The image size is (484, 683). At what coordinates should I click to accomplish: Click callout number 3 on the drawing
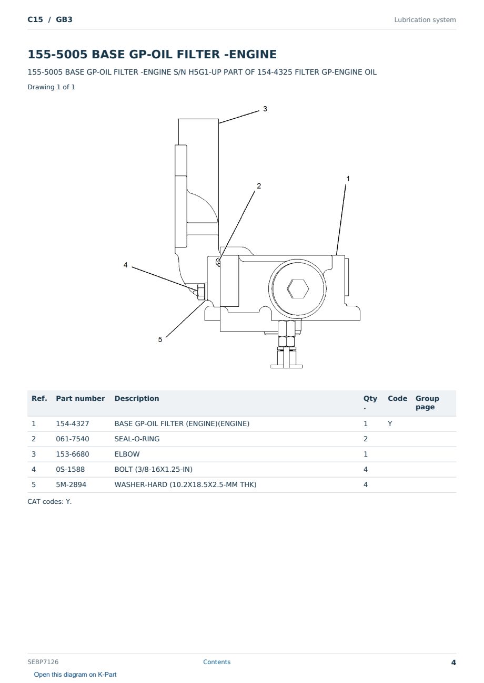pyautogui.click(x=265, y=109)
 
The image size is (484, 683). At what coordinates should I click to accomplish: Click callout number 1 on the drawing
pyautogui.click(x=348, y=179)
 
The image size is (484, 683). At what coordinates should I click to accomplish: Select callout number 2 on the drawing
pyautogui.click(x=259, y=186)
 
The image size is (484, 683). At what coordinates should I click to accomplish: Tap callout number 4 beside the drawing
pyautogui.click(x=126, y=265)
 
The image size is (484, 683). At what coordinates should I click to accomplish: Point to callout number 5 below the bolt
pyautogui.click(x=160, y=339)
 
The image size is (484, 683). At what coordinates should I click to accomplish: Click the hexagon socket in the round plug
pyautogui.click(x=298, y=288)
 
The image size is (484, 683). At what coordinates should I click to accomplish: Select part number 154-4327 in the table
pyautogui.click(x=73, y=423)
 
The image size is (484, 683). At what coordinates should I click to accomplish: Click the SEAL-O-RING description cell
pyautogui.click(x=137, y=439)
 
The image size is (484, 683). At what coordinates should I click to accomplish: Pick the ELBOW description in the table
pyautogui.click(x=127, y=454)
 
